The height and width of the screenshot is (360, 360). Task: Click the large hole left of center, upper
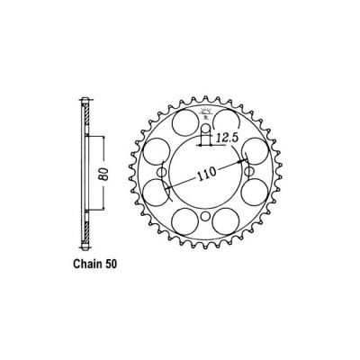pos(149,150)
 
